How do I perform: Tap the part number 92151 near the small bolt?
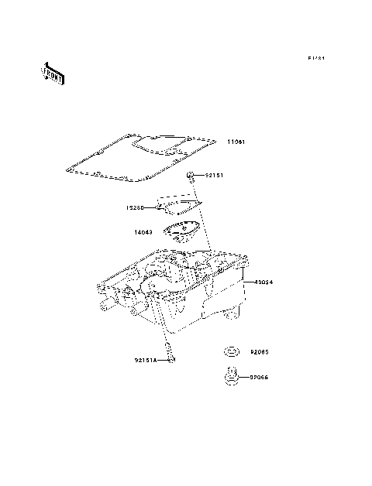(x=214, y=176)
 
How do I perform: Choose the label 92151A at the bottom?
(x=145, y=360)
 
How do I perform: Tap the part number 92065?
(x=258, y=351)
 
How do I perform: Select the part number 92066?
(x=258, y=378)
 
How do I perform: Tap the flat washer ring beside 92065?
(x=229, y=352)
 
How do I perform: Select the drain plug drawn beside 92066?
(x=229, y=378)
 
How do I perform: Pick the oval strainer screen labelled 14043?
(x=179, y=232)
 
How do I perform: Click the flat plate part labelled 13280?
(x=178, y=204)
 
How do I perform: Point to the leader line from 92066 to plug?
(x=243, y=378)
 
